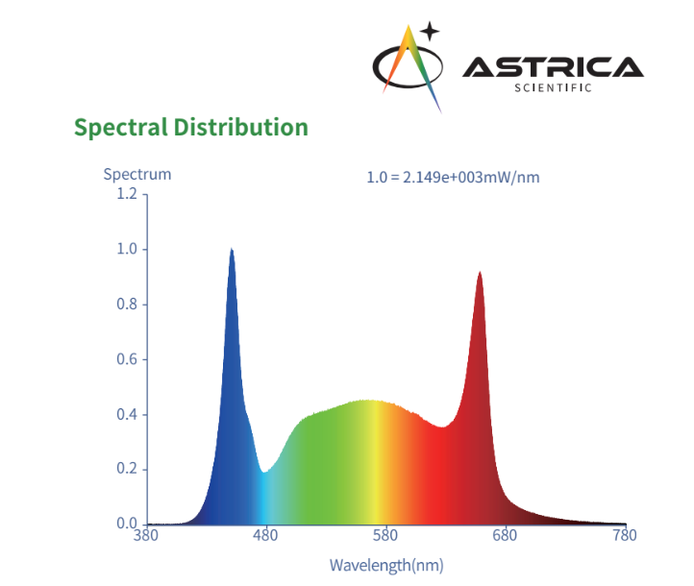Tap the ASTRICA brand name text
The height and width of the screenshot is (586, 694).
pyautogui.click(x=552, y=66)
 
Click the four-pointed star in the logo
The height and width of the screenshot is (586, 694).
pyautogui.click(x=430, y=30)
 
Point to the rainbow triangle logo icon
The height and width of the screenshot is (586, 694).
pyautogui.click(x=415, y=67)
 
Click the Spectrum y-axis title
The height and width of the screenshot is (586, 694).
pyautogui.click(x=137, y=174)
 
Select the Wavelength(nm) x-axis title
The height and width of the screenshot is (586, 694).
pyautogui.click(x=386, y=564)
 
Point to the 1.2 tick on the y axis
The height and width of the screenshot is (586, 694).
pyautogui.click(x=126, y=194)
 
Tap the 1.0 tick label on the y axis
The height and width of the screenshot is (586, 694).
pyautogui.click(x=126, y=250)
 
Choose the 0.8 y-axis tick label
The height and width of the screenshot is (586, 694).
pyautogui.click(x=126, y=305)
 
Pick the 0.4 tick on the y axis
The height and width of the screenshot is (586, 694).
pyautogui.click(x=126, y=415)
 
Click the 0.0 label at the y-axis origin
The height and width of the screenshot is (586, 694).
pyautogui.click(x=126, y=525)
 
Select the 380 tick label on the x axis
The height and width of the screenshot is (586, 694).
pyautogui.click(x=146, y=536)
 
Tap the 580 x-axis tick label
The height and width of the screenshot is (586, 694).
pyautogui.click(x=386, y=536)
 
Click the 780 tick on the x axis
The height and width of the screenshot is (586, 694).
pyautogui.click(x=626, y=536)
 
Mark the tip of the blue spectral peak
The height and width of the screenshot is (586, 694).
pyautogui.click(x=232, y=249)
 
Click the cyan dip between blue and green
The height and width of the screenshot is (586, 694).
pyautogui.click(x=264, y=471)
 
